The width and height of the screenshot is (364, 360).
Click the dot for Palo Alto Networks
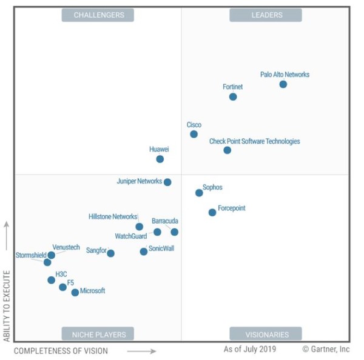pos(283,84)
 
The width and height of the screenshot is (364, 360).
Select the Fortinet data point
pos(233,97)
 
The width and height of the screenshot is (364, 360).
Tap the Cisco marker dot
pos(194,134)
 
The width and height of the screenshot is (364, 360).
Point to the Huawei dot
pos(160,159)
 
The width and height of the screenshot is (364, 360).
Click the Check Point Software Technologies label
pos(254,141)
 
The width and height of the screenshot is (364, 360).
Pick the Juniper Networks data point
pos(167,182)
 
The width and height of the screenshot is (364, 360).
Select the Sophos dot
pos(199,193)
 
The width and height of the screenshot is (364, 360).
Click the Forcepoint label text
pos(231,208)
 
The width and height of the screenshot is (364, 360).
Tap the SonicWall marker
pos(144,252)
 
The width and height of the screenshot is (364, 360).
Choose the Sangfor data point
pos(110,253)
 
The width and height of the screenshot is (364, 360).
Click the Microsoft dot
pos(75,292)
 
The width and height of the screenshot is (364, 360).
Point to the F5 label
pos(70,282)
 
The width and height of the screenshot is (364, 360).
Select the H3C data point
pos(52,280)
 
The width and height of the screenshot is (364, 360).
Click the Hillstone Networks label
pos(113,216)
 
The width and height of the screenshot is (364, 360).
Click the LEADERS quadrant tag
pos(266,15)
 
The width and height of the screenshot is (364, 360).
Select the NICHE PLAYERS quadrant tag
pos(98,334)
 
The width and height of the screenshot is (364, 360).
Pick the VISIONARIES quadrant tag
pos(266,334)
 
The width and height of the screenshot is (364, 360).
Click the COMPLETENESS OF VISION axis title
pos(61,351)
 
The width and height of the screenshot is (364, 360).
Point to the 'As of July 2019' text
pos(249,349)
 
